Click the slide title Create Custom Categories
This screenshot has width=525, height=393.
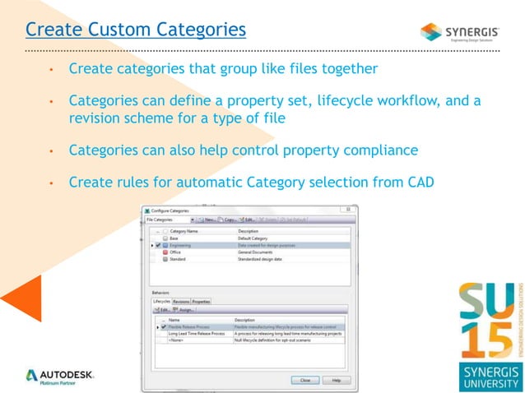[136, 30]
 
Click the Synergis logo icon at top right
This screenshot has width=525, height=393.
[431, 32]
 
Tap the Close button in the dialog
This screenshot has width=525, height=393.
[304, 380]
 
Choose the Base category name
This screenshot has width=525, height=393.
[174, 238]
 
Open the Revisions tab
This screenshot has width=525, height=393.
[181, 302]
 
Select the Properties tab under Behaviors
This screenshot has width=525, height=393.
[201, 302]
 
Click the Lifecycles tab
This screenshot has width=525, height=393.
[161, 302]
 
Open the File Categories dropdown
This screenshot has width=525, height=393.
[170, 220]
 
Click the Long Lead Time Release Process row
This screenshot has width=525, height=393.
[196, 333]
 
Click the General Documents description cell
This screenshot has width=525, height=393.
[258, 252]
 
